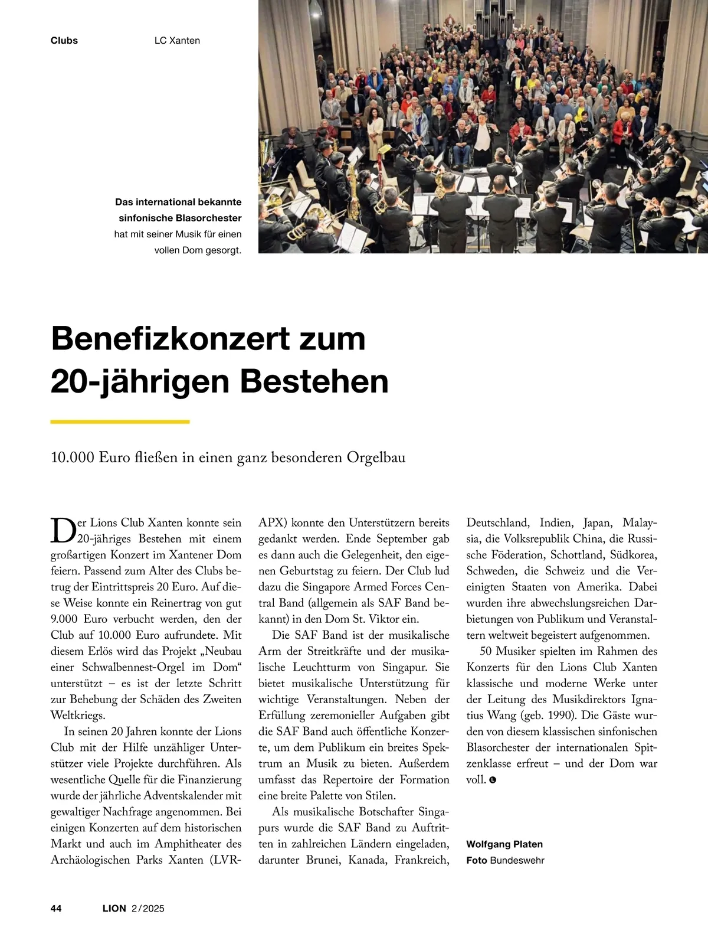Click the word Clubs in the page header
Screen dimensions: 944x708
click(64, 41)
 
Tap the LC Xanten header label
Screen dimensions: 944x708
click(177, 41)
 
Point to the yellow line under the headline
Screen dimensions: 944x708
click(120, 422)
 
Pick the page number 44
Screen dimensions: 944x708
click(56, 909)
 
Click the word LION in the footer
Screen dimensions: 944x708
click(114, 909)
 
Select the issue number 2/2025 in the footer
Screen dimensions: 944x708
click(147, 909)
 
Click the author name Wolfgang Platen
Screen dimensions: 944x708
click(504, 844)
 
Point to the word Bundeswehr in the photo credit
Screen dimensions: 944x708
click(517, 860)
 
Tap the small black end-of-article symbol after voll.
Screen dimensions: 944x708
click(493, 780)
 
